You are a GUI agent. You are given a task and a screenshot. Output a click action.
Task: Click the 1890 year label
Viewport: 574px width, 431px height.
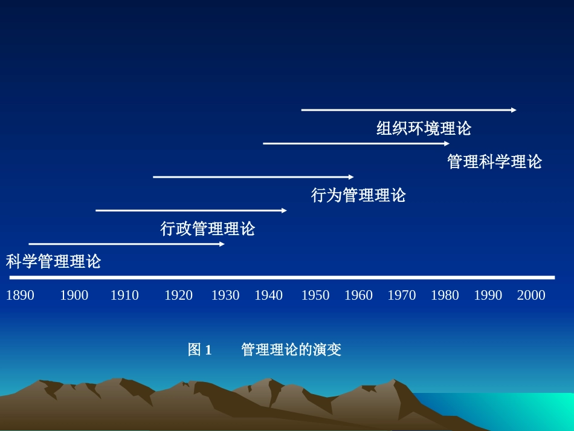coord(20,295)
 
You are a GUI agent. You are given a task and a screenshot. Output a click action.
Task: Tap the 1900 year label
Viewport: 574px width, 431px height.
coord(74,295)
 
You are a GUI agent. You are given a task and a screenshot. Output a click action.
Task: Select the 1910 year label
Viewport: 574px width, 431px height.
coord(124,295)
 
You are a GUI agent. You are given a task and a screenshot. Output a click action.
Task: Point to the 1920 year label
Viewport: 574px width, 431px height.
coord(178,295)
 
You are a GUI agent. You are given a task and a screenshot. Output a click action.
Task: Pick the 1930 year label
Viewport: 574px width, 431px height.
coord(225,295)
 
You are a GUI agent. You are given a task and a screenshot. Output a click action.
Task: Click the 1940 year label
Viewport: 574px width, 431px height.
coord(268,295)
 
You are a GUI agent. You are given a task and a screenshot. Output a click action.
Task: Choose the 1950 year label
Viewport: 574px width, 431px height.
coord(315,295)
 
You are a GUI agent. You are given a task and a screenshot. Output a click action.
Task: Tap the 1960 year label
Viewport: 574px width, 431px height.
coord(358,295)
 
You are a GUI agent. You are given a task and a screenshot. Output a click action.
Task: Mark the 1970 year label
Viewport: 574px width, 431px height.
coord(402,295)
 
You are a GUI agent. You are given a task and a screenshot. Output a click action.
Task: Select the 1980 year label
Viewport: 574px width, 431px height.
coord(445,295)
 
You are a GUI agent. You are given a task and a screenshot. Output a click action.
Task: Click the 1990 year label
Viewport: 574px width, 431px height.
coord(488,295)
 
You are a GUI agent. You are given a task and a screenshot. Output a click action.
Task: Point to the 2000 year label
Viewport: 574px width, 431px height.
coord(531,295)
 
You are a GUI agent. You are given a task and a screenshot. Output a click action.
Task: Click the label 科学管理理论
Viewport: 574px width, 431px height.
coord(54,262)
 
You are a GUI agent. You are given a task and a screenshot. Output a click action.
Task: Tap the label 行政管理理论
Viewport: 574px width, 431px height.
coord(208,228)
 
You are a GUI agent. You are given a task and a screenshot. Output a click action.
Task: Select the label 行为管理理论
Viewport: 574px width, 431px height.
coord(358,195)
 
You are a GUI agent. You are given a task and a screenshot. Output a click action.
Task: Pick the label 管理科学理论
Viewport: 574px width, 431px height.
coord(495,162)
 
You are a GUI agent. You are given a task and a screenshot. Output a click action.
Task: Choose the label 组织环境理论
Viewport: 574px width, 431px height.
coord(424,129)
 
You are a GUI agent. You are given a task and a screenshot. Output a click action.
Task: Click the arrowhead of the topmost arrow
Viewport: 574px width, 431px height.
coord(514,110)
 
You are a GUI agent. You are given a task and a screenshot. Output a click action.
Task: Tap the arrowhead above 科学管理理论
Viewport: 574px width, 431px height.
coord(222,244)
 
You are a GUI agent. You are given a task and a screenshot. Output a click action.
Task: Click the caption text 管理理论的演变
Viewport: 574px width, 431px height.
coord(291,350)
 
